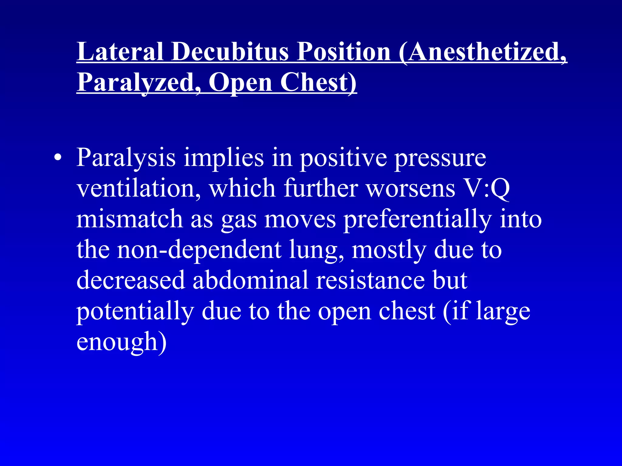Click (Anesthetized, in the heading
483,52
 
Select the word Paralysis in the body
126,158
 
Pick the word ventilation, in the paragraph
138,188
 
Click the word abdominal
251,280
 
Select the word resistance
370,280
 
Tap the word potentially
135,311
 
